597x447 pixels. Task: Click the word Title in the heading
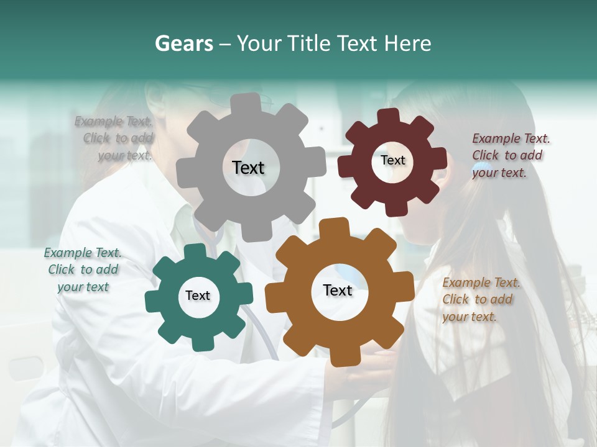(313, 43)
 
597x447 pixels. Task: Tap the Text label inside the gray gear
(248, 168)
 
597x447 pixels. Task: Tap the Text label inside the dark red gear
(392, 160)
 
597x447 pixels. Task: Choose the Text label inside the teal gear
(198, 296)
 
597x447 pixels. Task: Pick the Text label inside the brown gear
(338, 290)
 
